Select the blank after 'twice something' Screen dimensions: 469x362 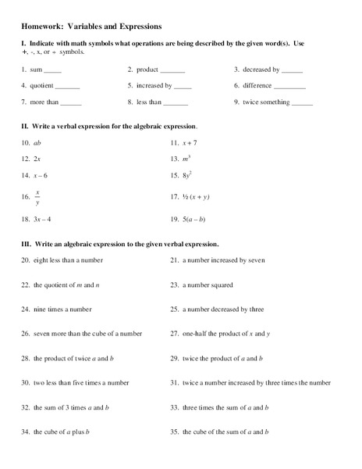click(x=300, y=102)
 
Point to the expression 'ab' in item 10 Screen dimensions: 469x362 click(x=37, y=143)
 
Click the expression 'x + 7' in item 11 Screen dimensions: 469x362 click(x=192, y=143)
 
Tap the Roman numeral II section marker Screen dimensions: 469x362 click(x=24, y=126)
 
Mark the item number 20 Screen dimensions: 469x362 click(x=25, y=260)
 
